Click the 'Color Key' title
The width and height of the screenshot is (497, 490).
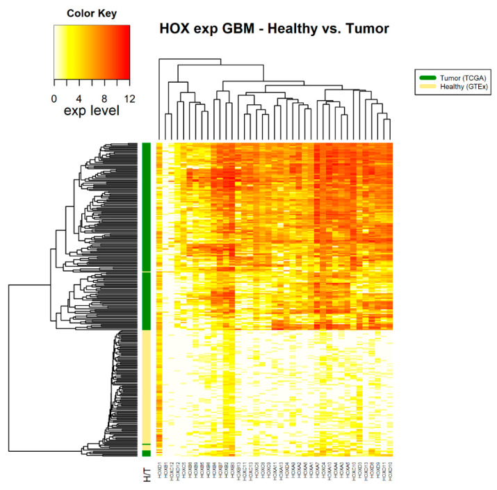pos(91,13)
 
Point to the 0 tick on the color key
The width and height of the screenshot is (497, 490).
pos(55,80)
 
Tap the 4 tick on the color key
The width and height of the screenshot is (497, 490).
pos(80,80)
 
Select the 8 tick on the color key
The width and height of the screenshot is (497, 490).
pos(105,80)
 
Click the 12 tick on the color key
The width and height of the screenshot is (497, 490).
pos(129,80)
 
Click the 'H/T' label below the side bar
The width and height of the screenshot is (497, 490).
pos(147,474)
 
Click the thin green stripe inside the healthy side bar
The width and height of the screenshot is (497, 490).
pos(147,444)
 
